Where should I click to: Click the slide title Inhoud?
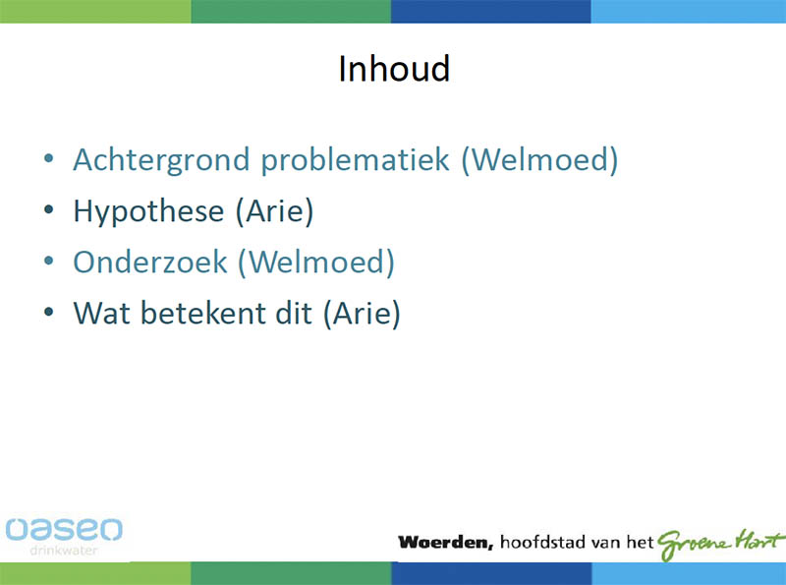(394, 68)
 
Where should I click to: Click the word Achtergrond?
(161, 160)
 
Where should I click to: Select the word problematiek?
(355, 160)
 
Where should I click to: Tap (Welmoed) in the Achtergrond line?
(539, 160)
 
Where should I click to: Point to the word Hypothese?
(149, 211)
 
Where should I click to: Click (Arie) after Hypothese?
(275, 211)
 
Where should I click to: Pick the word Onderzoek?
(150, 262)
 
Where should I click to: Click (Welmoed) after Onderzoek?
(316, 262)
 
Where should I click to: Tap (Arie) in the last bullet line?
(362, 313)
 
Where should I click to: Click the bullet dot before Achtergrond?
(48, 159)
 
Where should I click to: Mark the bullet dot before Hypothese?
(48, 209)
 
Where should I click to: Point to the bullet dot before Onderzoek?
(48, 261)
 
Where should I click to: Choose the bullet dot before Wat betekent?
(48, 312)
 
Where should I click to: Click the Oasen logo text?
(64, 530)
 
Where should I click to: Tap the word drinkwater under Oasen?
(64, 551)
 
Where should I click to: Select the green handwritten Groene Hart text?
(720, 544)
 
